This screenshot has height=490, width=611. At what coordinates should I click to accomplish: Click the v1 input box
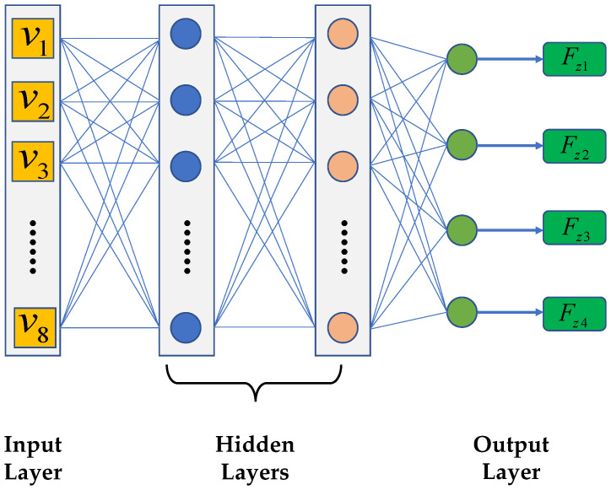click(33, 40)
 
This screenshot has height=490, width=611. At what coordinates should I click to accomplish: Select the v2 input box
click(33, 101)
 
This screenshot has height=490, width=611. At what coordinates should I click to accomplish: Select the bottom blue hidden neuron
click(186, 326)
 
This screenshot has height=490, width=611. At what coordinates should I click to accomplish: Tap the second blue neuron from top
click(186, 100)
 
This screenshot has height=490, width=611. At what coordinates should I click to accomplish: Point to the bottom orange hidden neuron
click(343, 326)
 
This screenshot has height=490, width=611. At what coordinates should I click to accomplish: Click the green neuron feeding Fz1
click(462, 60)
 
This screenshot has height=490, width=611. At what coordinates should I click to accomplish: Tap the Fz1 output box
click(574, 60)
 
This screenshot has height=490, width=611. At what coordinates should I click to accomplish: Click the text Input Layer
click(34, 456)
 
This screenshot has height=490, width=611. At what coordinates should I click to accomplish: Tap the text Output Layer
click(511, 456)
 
